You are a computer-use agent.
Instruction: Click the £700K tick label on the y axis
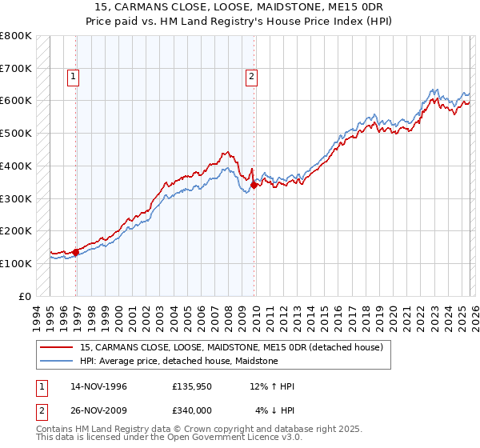[x=16, y=69]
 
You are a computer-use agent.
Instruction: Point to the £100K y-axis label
[x=16, y=263]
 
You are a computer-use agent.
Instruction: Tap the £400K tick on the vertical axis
[x=16, y=166]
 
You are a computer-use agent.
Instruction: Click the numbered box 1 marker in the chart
[x=73, y=77]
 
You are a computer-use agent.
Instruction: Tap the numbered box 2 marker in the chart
[x=251, y=77]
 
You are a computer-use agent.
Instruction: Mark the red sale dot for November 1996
[x=76, y=252]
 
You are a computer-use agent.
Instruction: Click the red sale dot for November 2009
[x=254, y=185]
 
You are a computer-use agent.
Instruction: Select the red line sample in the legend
[x=57, y=347]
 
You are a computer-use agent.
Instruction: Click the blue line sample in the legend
[x=57, y=361]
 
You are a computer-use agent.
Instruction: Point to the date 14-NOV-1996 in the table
[x=98, y=386]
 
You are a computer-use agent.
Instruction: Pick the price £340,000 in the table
[x=192, y=410]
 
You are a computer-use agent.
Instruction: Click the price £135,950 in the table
[x=192, y=386]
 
